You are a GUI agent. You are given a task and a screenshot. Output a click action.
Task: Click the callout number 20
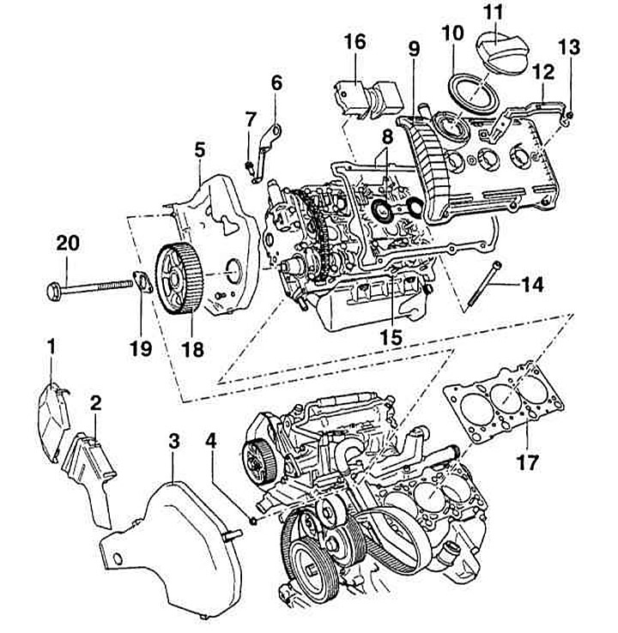(68, 244)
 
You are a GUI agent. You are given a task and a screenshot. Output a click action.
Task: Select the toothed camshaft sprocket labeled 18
(179, 279)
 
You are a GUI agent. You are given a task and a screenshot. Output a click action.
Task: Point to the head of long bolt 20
(54, 291)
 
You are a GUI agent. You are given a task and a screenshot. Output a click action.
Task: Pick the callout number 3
(173, 442)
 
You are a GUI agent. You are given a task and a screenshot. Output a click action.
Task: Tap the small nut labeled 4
(253, 521)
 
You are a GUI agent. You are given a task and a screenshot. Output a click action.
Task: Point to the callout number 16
(355, 41)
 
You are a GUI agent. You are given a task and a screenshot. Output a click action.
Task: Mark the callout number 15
(392, 337)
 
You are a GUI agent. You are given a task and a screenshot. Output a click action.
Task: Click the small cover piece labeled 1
(53, 422)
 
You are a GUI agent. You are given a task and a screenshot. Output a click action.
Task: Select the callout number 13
(570, 47)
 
